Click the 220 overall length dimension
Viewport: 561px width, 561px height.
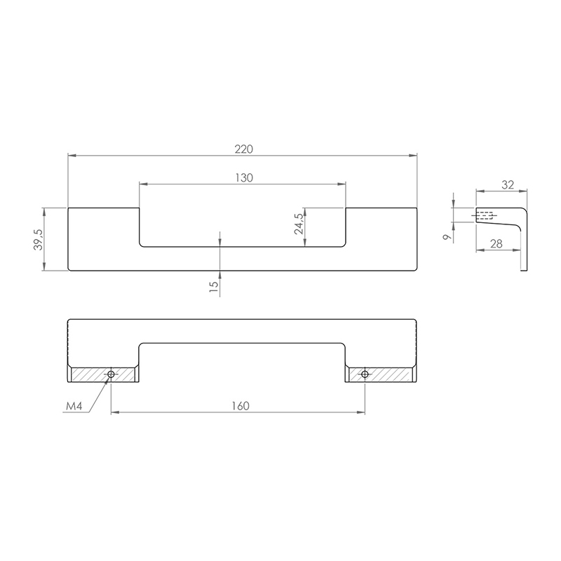pyautogui.click(x=244, y=149)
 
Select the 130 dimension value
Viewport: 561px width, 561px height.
pyautogui.click(x=244, y=178)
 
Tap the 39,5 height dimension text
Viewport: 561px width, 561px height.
pyautogui.click(x=38, y=239)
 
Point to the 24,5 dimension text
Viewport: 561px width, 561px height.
pyautogui.click(x=299, y=224)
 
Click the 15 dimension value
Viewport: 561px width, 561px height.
pyautogui.click(x=213, y=287)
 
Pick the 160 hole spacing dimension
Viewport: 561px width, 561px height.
pyautogui.click(x=240, y=406)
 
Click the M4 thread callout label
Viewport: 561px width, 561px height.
pyautogui.click(x=74, y=406)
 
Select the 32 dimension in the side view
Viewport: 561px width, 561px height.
pyautogui.click(x=508, y=184)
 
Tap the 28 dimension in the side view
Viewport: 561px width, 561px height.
pyautogui.click(x=496, y=243)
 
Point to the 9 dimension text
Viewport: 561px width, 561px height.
pyautogui.click(x=446, y=237)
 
